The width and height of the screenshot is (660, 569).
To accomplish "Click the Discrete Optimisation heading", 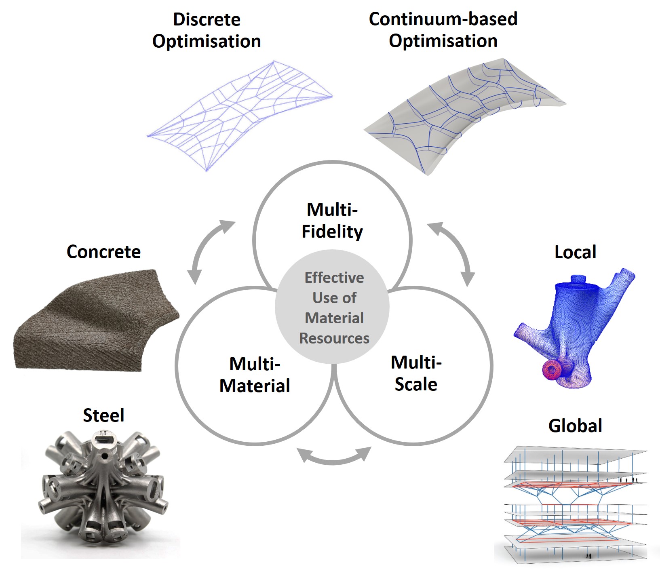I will [207, 30].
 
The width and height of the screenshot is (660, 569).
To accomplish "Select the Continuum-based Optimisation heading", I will [443, 30].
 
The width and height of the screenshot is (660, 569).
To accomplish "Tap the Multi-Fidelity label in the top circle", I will [332, 221].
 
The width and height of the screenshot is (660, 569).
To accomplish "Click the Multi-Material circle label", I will [255, 375].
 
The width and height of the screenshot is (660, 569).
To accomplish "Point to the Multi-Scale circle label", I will [416, 373].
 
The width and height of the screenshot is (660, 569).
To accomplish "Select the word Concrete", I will [103, 252].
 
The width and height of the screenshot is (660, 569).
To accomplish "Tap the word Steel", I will [103, 415].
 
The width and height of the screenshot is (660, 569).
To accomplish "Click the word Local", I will [575, 252].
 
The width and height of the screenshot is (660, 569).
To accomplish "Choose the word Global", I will [575, 426].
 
